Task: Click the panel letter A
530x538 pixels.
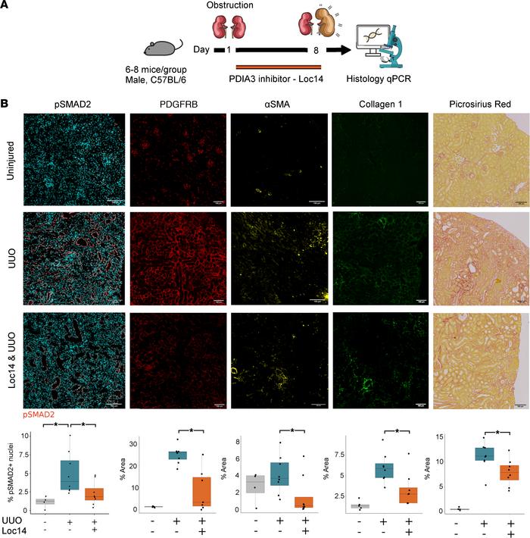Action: (7, 7)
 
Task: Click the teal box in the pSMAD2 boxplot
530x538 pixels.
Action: (70, 474)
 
